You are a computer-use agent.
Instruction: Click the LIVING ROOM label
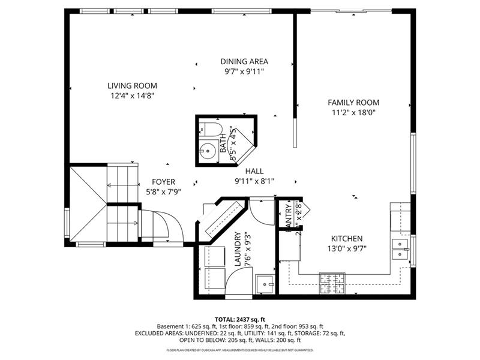[x=133, y=85]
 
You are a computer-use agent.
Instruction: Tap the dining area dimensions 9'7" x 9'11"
[x=244, y=71]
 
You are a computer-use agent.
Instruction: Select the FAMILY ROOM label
[x=353, y=103]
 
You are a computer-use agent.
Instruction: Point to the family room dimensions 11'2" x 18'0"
[x=353, y=112]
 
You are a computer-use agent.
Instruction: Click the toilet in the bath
[x=210, y=128]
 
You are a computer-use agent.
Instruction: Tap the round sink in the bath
[x=208, y=150]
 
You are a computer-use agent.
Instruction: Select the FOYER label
[x=163, y=182]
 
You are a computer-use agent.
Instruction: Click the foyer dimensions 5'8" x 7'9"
[x=163, y=191]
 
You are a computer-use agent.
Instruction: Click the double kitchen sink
[x=400, y=249]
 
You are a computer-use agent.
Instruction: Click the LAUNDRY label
[x=238, y=249]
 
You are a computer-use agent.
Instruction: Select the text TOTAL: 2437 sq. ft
[x=240, y=319]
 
